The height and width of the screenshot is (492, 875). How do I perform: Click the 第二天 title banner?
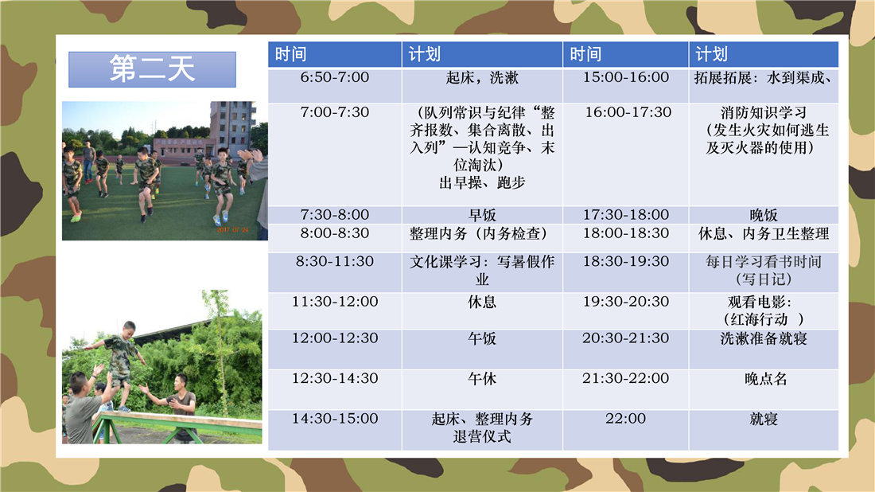point(153,69)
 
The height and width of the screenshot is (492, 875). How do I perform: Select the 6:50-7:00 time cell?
point(335,85)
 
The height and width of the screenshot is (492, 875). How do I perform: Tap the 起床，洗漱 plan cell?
point(482,85)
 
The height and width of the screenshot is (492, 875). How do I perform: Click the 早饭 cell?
point(482,215)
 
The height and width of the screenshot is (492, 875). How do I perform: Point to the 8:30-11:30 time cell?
point(335,272)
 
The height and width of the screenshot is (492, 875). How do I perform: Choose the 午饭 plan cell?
point(482,349)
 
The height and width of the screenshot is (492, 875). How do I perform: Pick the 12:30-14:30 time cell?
point(335,389)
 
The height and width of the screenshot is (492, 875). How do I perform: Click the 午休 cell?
point(482,389)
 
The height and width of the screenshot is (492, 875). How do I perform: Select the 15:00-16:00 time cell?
point(626,85)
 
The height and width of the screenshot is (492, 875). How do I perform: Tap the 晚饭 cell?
point(764,215)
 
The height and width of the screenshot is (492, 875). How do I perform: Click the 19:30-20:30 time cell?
point(626,311)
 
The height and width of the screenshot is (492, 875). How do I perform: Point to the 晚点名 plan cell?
point(764,389)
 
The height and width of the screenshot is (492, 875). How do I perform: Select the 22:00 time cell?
point(626,430)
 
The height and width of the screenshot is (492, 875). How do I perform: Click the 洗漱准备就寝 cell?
point(764,349)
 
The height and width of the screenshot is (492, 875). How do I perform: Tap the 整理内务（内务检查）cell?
point(482,239)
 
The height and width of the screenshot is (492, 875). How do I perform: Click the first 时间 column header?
point(335,54)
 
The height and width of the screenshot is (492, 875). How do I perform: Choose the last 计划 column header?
point(764,54)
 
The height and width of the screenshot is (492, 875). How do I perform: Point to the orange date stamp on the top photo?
point(233,229)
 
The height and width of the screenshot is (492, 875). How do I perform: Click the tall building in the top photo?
point(231,128)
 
